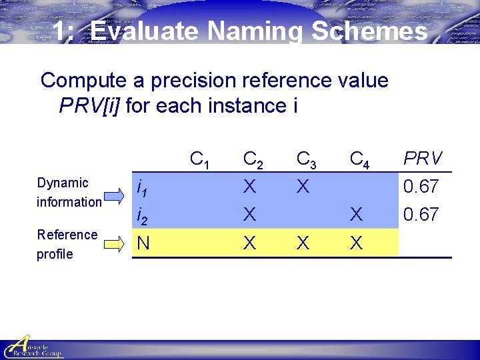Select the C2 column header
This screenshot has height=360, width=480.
tap(252, 159)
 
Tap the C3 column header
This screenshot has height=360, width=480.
tap(306, 159)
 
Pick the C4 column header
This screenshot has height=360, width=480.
tap(360, 159)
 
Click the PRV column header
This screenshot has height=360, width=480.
tap(423, 159)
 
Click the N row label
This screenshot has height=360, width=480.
tap(143, 243)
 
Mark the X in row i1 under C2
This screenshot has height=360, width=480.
tap(249, 187)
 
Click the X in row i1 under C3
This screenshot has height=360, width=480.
tap(303, 187)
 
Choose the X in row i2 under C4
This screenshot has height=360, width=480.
tap(357, 215)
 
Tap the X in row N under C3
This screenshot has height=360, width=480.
tap(303, 243)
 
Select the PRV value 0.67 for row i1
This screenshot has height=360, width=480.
tap(421, 187)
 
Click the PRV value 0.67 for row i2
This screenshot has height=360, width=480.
tap(421, 215)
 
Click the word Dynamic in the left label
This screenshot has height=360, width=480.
tap(63, 183)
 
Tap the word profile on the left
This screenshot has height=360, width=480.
tap(55, 254)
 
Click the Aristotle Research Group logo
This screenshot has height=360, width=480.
tap(33, 347)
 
